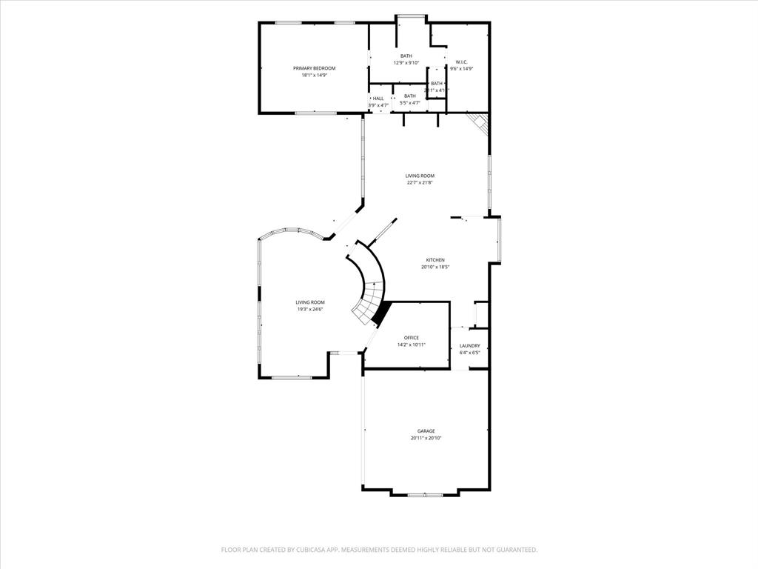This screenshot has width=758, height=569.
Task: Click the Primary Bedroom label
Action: (314, 68)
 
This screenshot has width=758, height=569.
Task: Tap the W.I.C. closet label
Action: (461, 61)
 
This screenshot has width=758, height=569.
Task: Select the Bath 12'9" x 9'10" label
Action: (406, 56)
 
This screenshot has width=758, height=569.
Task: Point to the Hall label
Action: (378, 99)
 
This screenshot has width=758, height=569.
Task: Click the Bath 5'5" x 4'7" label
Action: (409, 96)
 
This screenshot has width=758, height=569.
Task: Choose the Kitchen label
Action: (435, 260)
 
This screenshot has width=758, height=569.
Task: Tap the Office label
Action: (411, 338)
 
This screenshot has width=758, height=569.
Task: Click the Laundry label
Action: (469, 346)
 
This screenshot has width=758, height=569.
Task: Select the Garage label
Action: (426, 431)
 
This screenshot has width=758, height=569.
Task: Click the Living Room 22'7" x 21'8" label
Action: (420, 176)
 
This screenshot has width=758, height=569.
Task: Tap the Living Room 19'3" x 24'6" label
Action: (310, 302)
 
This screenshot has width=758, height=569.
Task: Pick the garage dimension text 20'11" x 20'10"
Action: (426, 438)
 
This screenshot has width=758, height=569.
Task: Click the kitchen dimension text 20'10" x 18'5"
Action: (435, 267)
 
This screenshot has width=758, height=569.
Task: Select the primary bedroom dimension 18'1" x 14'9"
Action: (314, 75)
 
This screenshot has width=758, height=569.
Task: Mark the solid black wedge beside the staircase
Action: (380, 314)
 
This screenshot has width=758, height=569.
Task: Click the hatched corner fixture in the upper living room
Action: (478, 124)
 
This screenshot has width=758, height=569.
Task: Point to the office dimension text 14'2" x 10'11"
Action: (411, 345)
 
